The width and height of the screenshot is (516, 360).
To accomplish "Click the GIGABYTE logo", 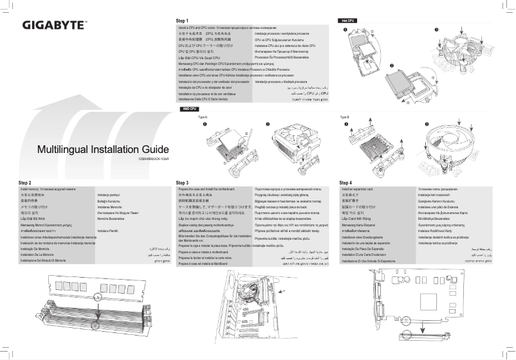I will point(55,26).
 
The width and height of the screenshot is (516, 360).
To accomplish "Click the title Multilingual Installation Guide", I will point(103,149).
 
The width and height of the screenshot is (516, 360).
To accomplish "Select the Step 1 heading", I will point(185,21).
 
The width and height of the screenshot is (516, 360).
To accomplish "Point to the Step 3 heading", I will point(182,183).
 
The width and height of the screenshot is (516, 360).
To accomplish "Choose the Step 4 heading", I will point(346,183).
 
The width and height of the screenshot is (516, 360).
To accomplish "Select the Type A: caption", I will point(203,118).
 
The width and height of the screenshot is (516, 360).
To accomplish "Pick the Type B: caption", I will point(344,118).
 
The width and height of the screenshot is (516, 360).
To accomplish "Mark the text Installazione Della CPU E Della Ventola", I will point(206,100).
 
